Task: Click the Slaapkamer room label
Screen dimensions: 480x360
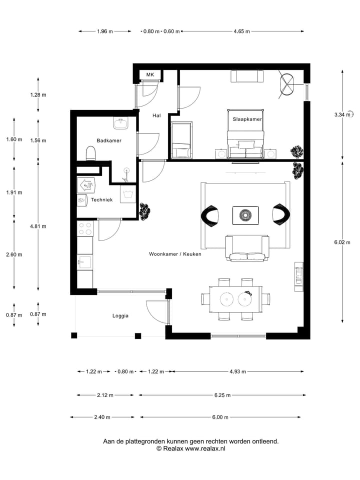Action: [247, 119]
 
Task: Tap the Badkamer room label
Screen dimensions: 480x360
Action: [109, 141]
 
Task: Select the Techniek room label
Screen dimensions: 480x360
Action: [101, 200]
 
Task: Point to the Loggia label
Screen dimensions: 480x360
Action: [120, 315]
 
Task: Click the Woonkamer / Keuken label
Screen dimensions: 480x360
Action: [175, 254]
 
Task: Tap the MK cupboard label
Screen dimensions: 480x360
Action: [150, 75]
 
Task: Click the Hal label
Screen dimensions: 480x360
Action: [156, 115]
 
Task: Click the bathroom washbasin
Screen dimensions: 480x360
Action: [120, 123]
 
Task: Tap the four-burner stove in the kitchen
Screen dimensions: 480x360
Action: [85, 228]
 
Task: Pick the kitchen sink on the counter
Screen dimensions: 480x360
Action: [84, 261]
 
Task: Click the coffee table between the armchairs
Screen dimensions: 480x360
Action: [245, 215]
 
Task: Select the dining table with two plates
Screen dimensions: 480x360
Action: [235, 299]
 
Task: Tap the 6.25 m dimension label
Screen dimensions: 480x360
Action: [222, 395]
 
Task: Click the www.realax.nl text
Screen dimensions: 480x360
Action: [205, 449]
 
